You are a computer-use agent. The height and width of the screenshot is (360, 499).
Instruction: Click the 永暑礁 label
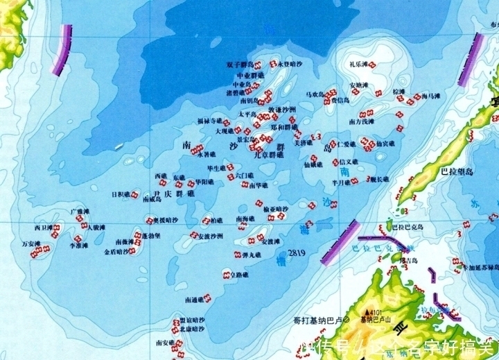[208, 155]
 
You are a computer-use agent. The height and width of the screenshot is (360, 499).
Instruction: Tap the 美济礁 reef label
[303, 144]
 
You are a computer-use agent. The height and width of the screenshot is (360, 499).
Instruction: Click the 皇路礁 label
[241, 275]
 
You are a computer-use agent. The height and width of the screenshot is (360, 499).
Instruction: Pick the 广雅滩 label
[80, 211]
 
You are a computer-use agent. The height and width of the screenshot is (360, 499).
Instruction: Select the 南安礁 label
[165, 343]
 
